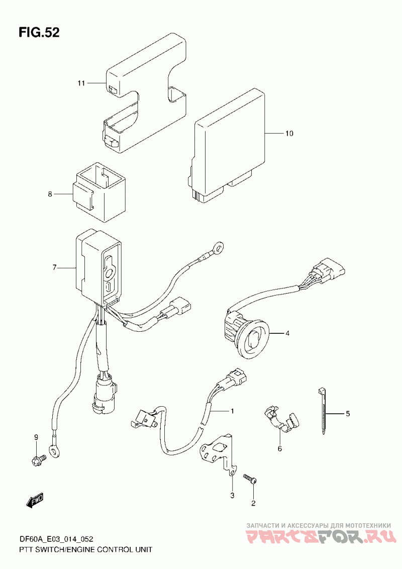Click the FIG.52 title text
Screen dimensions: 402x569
tap(39, 33)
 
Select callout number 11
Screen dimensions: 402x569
tap(81, 83)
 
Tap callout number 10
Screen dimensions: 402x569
tap(289, 134)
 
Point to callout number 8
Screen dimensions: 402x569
tap(50, 194)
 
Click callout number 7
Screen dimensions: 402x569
tap(54, 268)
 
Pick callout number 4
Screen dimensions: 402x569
tap(287, 333)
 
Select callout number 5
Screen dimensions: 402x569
tap(348, 413)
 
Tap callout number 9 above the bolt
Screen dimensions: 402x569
tap(36, 437)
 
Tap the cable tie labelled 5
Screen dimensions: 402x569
tap(322, 411)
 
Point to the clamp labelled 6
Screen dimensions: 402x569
tap(282, 420)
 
